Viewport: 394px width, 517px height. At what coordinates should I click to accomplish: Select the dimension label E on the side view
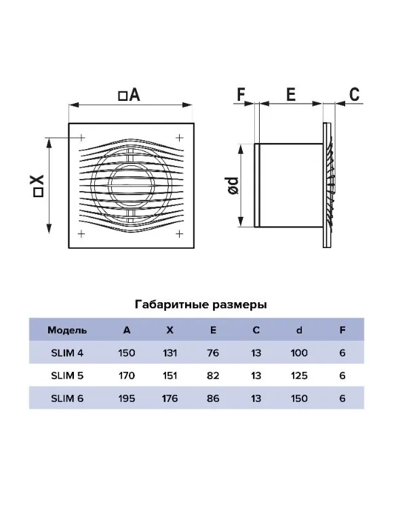tap(290, 95)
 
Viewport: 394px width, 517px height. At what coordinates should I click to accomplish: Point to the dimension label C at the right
tap(354, 94)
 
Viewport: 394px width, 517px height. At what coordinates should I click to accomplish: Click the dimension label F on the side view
tap(241, 95)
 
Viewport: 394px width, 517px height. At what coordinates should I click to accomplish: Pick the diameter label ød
tap(233, 186)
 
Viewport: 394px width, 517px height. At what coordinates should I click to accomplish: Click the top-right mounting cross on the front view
tap(179, 138)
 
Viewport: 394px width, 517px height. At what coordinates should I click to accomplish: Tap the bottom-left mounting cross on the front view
tap(81, 234)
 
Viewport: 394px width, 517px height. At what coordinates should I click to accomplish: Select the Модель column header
tap(67, 330)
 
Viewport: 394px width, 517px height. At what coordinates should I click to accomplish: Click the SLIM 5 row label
tap(67, 375)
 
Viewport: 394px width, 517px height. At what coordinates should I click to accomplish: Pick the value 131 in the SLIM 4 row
tap(170, 353)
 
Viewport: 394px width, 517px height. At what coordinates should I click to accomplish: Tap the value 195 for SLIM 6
tap(127, 398)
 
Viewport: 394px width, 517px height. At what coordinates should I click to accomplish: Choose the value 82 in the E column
tap(213, 375)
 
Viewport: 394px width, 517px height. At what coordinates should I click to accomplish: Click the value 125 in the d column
tap(299, 375)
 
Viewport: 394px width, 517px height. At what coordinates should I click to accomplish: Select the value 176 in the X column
tap(170, 398)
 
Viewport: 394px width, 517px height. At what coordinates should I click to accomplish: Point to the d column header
tap(299, 330)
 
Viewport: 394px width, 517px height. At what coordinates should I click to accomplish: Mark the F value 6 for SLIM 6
tap(342, 398)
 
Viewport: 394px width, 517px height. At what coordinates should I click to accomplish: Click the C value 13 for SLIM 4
tap(256, 353)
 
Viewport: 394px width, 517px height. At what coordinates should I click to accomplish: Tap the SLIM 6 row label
tap(67, 398)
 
